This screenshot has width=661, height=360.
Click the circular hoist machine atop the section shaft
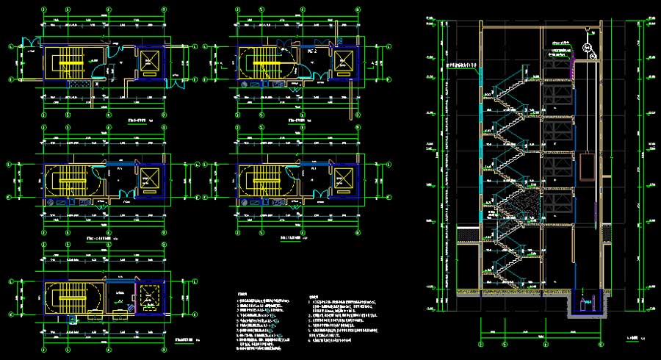point(588,48)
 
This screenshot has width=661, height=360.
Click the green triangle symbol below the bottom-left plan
point(73,321)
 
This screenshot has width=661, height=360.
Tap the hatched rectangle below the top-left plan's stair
point(79,84)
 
